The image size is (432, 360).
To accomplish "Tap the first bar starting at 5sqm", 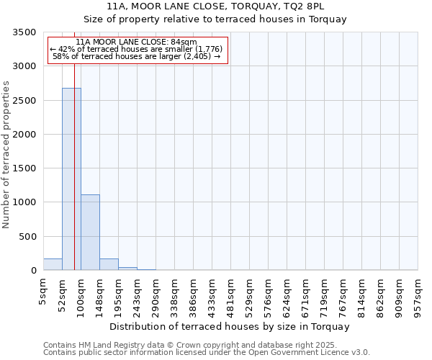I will [x=53, y=264].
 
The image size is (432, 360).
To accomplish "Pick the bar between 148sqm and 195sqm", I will [x=109, y=264].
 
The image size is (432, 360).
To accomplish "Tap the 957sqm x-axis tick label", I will [x=418, y=297].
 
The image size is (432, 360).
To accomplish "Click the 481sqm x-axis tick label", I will [x=231, y=297].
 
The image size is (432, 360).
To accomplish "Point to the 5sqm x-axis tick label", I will [x=43, y=291].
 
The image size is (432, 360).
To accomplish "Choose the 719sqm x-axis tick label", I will [x=325, y=297].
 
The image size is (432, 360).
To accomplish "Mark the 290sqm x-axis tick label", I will [x=156, y=297].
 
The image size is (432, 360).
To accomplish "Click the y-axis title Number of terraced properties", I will [x=6, y=154].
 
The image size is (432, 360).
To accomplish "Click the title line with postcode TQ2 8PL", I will [x=215, y=6].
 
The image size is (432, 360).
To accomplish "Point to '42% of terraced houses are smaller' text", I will [x=136, y=49].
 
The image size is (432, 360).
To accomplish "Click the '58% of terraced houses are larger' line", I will [x=136, y=55].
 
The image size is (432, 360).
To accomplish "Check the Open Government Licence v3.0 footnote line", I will [x=207, y=353].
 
